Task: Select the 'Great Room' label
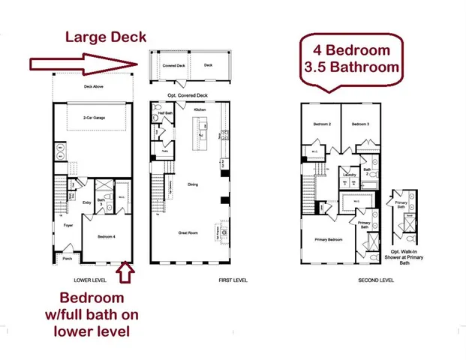[188, 233]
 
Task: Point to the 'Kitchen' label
[200, 110]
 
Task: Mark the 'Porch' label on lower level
[67, 256]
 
